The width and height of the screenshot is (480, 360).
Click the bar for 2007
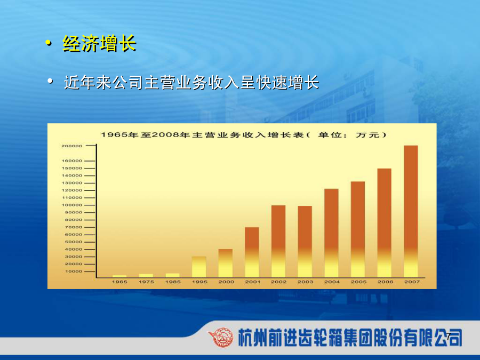pos(411,212)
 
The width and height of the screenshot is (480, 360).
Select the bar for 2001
pos(252,252)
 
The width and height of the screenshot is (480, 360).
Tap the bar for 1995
pos(199,267)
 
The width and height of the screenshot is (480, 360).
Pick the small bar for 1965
pos(119,276)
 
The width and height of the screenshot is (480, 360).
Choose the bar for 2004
pos(332,233)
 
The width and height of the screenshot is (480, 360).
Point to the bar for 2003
pos(305,242)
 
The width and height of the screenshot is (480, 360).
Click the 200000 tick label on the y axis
pos(72,146)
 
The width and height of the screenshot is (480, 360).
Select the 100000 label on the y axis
pos(72,205)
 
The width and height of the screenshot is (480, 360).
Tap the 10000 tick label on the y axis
pos(74,271)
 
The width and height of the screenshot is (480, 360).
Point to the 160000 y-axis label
pos(72,161)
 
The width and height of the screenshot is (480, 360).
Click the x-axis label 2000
pos(226,282)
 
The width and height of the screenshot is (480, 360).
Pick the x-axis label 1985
pos(173,282)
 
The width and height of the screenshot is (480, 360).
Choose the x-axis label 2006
pos(385,282)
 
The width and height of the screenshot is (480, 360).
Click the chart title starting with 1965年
pos(244,135)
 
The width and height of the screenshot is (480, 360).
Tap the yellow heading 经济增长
pos(100,44)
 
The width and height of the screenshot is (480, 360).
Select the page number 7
pos(449,336)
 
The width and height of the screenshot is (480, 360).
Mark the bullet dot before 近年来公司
pos(50,81)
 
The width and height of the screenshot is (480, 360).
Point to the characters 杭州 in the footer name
pos(252,338)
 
